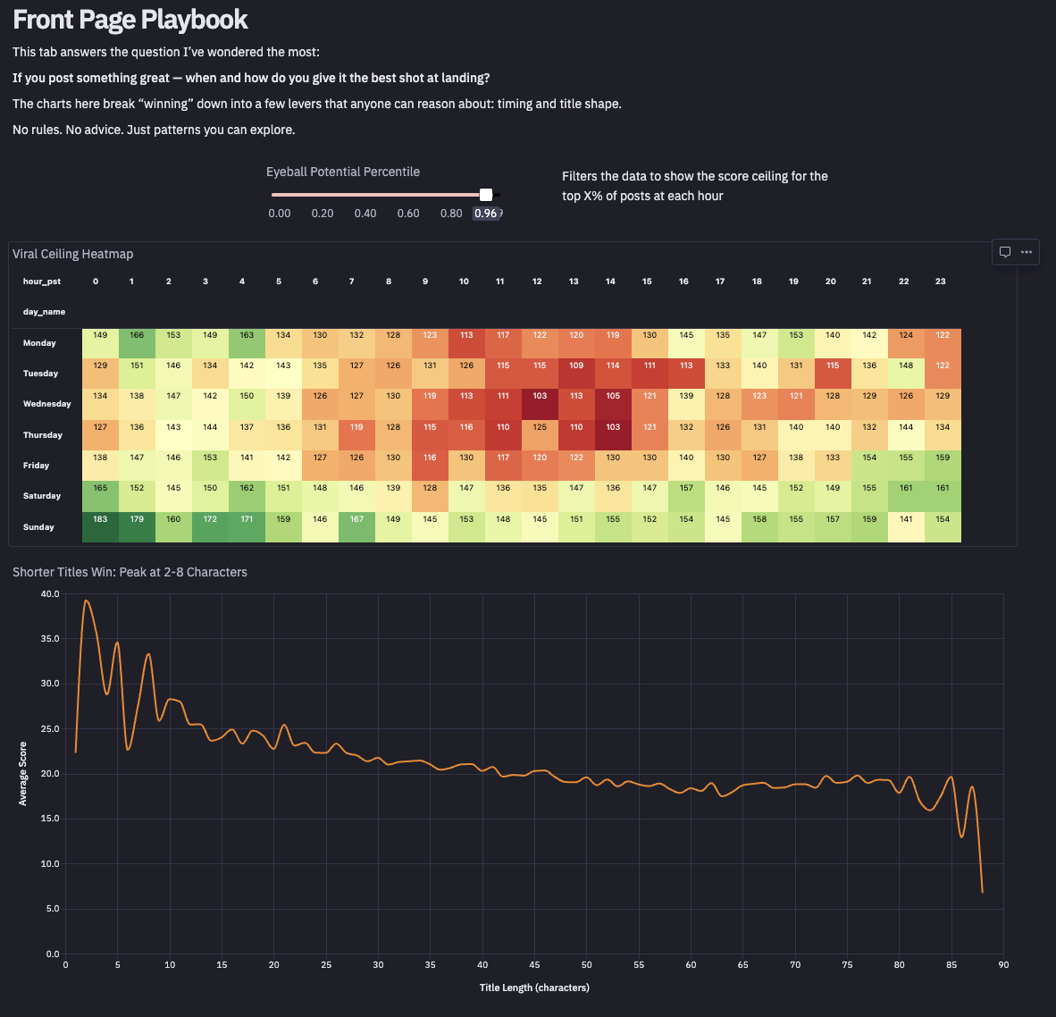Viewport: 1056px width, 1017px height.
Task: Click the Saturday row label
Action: point(42,496)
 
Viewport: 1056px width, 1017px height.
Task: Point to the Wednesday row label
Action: point(46,404)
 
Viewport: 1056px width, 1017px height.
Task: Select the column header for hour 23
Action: point(941,282)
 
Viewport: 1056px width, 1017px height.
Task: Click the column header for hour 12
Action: point(537,282)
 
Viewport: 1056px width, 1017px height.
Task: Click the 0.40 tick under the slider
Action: point(365,214)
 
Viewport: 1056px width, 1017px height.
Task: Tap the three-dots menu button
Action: point(1027,252)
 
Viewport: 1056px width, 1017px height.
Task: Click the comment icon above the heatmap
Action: point(1005,252)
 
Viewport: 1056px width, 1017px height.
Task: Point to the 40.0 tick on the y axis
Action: point(49,594)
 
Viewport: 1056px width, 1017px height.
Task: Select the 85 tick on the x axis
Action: point(951,965)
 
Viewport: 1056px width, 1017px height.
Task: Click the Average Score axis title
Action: point(23,774)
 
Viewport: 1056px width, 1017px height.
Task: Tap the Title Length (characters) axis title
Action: point(534,988)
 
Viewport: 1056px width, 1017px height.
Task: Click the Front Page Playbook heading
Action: point(130,20)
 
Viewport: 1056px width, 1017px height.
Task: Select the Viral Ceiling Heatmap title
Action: point(73,254)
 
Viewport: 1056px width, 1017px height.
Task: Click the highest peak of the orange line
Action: point(87,601)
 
